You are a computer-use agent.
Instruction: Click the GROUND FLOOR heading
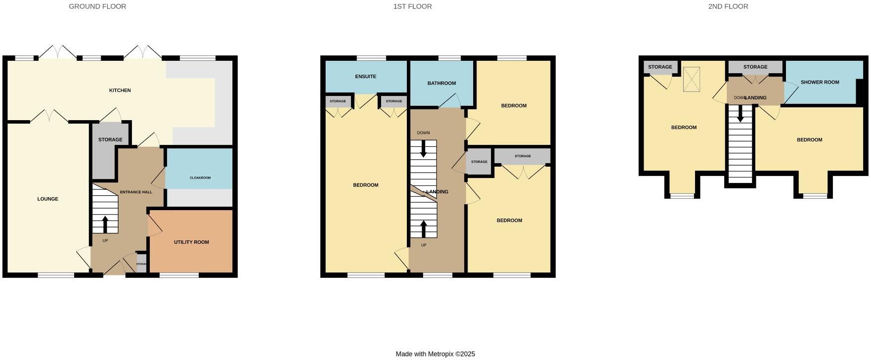pyautogui.click(x=97, y=6)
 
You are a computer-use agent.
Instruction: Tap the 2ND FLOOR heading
pyautogui.click(x=728, y=6)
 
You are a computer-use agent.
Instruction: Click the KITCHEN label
pyautogui.click(x=120, y=90)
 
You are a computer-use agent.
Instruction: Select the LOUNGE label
pyautogui.click(x=48, y=199)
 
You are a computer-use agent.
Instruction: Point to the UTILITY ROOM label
pyautogui.click(x=191, y=242)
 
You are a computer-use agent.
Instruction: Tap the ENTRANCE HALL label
pyautogui.click(x=136, y=192)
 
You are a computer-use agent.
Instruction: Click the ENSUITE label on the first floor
pyautogui.click(x=366, y=77)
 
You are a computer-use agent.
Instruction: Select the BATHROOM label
pyautogui.click(x=441, y=83)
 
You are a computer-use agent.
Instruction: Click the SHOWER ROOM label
pyautogui.click(x=820, y=83)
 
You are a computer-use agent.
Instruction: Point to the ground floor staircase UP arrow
pyautogui.click(x=105, y=223)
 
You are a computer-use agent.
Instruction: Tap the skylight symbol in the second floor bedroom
pyautogui.click(x=692, y=79)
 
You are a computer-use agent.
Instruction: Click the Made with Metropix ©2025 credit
pyautogui.click(x=435, y=354)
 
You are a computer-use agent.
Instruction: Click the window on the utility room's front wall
pyautogui.click(x=179, y=275)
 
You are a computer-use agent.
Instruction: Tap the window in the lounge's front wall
pyautogui.click(x=56, y=275)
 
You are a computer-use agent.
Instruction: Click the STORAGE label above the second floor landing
pyautogui.click(x=755, y=67)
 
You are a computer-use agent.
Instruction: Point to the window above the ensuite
pyautogui.click(x=372, y=58)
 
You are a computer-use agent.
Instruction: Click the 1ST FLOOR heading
pyautogui.click(x=412, y=6)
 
